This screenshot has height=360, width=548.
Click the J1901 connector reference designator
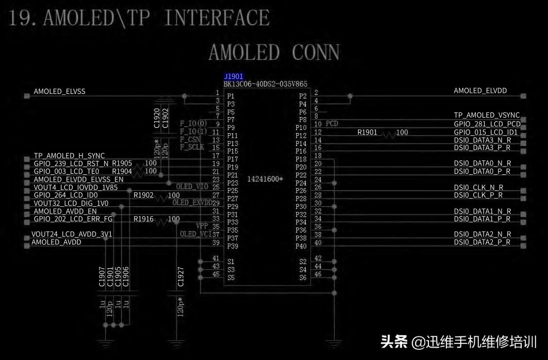tap(234, 76)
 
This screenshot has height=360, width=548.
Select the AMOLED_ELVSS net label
tap(59, 91)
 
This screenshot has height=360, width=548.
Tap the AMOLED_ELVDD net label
tap(480, 91)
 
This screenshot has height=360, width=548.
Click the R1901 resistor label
tap(367, 133)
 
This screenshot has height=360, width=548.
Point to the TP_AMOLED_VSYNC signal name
tap(487, 115)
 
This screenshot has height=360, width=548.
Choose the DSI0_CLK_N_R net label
tap(478, 187)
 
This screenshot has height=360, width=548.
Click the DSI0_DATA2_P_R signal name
tap(482, 242)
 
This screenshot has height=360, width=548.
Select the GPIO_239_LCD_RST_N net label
tap(71, 163)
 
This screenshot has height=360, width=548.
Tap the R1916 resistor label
tap(143, 219)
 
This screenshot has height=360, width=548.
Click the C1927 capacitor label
tap(180, 276)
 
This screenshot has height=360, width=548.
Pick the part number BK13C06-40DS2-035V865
tap(265, 84)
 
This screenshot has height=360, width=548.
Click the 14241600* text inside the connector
tap(265, 179)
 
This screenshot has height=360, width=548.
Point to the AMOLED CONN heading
tap(274, 53)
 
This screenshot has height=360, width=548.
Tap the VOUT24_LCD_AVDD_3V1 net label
tap(72, 234)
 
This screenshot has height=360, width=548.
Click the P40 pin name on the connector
tap(301, 247)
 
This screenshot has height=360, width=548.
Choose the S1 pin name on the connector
tap(230, 261)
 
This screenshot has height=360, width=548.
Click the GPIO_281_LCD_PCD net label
tap(487, 124)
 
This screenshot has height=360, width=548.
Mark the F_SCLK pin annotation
tap(192, 147)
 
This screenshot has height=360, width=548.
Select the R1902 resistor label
tap(143, 195)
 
